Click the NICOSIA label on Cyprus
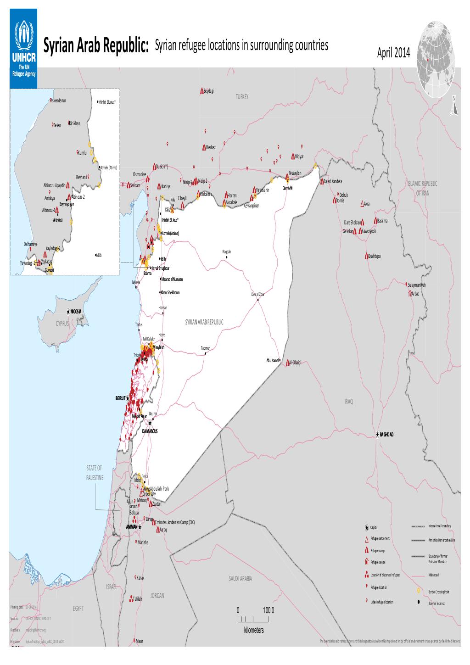(76, 312)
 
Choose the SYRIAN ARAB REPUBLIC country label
(204, 322)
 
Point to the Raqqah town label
(226, 252)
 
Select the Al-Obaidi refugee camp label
(295, 362)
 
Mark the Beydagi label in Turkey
(208, 91)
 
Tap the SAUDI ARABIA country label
(240, 579)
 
